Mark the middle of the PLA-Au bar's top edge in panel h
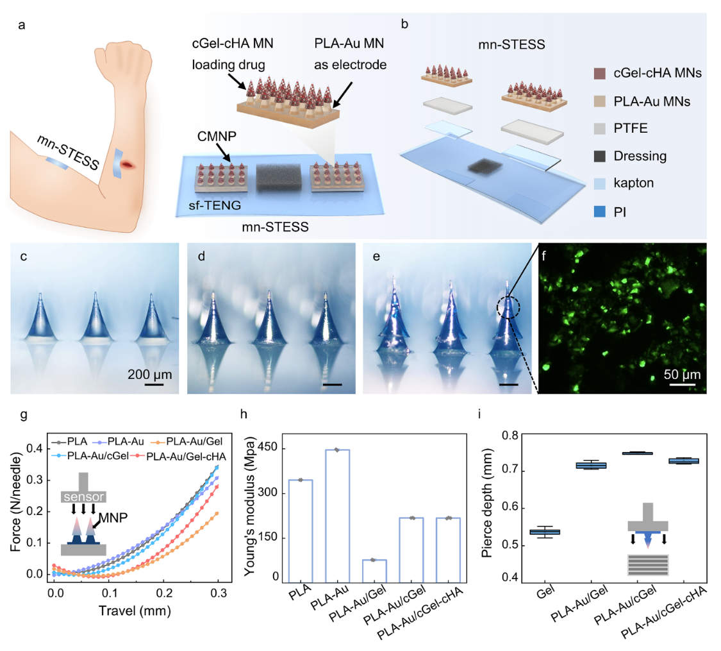coord(338,450)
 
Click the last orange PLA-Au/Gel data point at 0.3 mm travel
coord(217,513)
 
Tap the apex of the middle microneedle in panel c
coord(95,292)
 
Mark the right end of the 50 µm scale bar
coord(695,384)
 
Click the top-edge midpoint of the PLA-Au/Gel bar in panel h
coord(374,560)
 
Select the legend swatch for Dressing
coord(600,156)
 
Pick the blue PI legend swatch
coord(600,212)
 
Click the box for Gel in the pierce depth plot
coord(545,532)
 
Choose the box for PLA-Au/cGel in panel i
coord(637,453)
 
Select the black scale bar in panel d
coord(333,384)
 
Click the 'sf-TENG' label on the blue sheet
coord(215,205)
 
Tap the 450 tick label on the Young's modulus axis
coord(268,447)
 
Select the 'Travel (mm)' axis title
coord(135,611)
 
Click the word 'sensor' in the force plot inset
coord(84,497)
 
